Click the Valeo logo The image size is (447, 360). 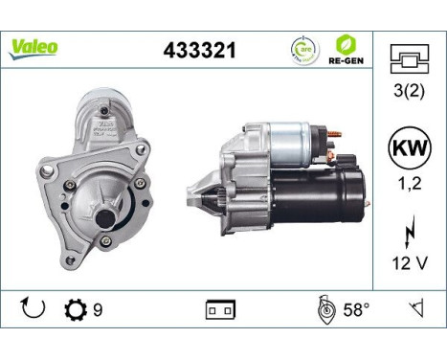click(34, 47)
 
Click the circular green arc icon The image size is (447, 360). click(302, 48)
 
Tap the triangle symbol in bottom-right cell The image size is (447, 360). click(415, 308)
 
